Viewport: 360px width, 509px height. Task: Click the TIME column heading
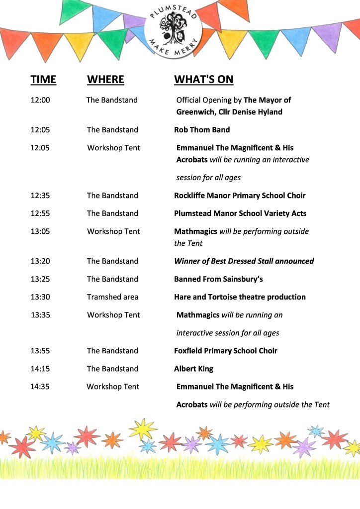pos(43,80)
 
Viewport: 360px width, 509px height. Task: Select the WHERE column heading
pos(105,80)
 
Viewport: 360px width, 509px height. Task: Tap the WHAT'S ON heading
pos(203,80)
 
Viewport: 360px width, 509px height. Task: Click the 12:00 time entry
pos(40,100)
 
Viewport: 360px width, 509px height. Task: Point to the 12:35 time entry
pos(40,196)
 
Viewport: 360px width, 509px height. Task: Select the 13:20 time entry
pos(40,261)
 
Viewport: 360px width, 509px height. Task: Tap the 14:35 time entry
pos(40,387)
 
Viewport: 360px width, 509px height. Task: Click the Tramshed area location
pos(112,297)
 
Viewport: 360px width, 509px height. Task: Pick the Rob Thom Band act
pos(202,130)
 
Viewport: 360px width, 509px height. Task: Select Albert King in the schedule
pos(193,369)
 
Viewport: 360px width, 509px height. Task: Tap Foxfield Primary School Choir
pos(225,351)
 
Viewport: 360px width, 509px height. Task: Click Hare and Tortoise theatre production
pos(240,297)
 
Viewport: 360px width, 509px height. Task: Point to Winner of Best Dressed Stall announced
pos(244,261)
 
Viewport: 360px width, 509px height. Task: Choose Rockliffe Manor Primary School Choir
pos(240,196)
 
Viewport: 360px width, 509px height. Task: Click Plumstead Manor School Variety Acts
pos(240,213)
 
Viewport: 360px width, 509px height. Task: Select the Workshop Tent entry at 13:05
pos(113,231)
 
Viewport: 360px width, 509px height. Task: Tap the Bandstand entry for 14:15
pos(112,369)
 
